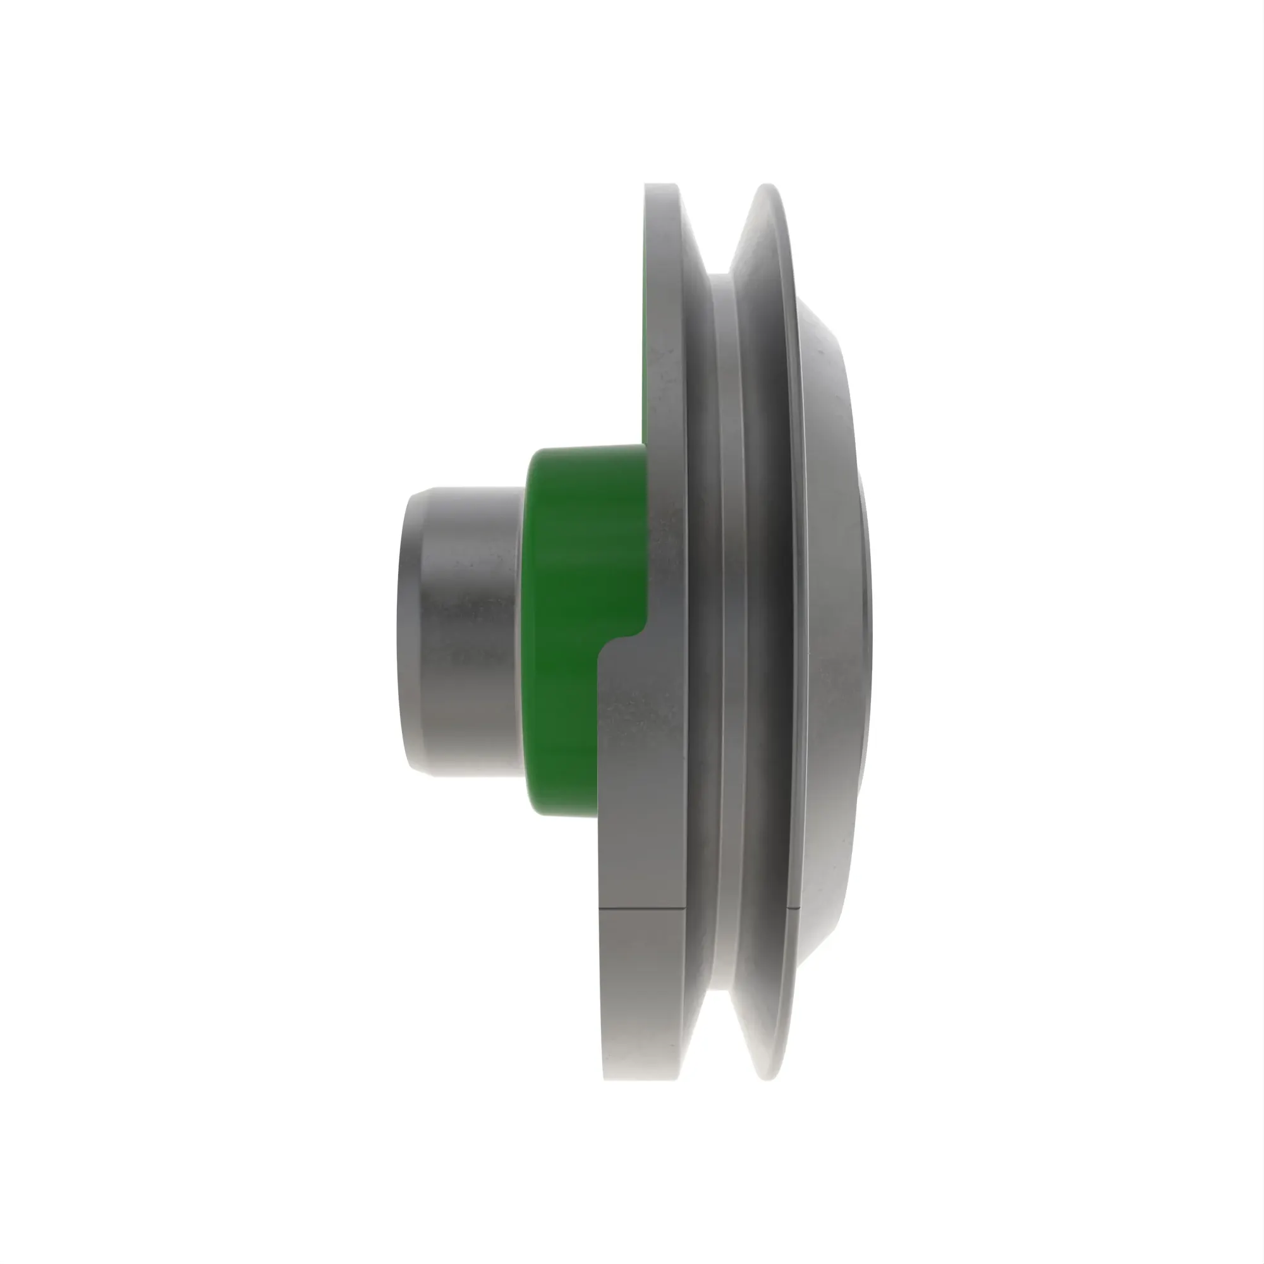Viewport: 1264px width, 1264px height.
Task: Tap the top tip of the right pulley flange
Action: (769, 186)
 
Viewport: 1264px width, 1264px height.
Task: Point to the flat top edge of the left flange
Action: (661, 185)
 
